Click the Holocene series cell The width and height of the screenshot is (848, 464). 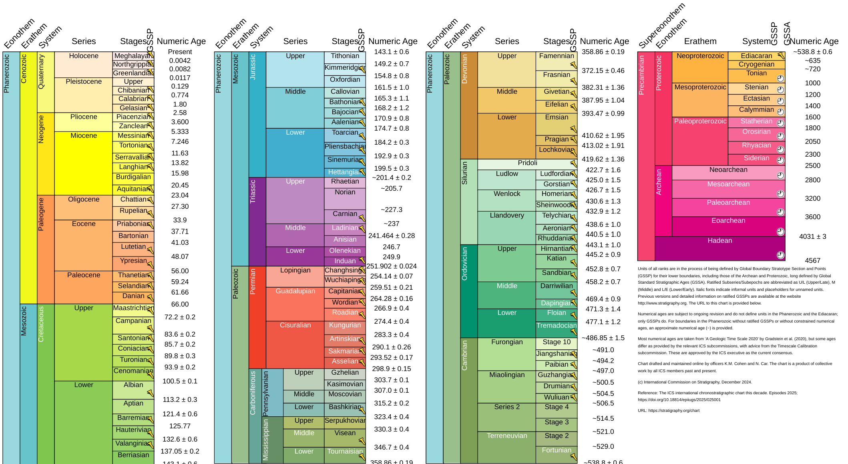click(x=83, y=64)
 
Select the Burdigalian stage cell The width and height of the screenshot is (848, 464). click(x=133, y=177)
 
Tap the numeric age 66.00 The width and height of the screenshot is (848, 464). click(x=180, y=304)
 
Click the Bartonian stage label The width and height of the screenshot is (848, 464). click(x=133, y=236)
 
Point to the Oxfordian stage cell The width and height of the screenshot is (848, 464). click(x=345, y=80)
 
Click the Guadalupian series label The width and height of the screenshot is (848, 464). click(x=295, y=291)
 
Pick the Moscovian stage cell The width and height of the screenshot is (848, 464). click(x=345, y=394)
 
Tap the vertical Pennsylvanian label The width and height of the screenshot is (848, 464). click(x=266, y=393)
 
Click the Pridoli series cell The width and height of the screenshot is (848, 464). click(x=527, y=163)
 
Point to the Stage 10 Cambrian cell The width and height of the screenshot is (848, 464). click(x=556, y=342)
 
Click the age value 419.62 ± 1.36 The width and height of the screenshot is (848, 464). click(x=603, y=159)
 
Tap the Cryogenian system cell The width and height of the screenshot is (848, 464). click(x=756, y=65)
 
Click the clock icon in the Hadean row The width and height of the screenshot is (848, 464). click(x=780, y=255)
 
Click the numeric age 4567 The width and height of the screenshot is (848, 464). click(x=812, y=260)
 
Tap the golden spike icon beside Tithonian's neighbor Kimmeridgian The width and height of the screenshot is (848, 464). click(x=362, y=69)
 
